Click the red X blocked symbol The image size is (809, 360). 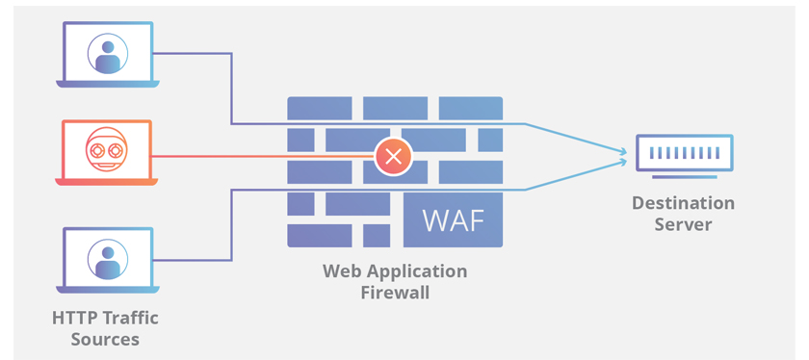click(394, 156)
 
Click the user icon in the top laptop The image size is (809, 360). click(108, 54)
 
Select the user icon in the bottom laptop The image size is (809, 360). click(108, 260)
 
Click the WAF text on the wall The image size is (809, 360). click(454, 220)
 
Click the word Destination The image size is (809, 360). click(683, 203)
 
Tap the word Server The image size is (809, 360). click(683, 224)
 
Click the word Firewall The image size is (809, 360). click(395, 293)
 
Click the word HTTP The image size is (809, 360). click(75, 318)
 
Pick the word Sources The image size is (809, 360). click(105, 340)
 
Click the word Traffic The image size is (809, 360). click(131, 318)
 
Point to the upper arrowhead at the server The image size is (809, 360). click(624, 151)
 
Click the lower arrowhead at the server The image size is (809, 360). click(624, 162)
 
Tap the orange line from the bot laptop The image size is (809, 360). click(263, 156)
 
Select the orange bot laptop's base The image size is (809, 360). click(106, 181)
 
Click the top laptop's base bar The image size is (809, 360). click(107, 84)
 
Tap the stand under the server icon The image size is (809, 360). click(684, 177)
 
